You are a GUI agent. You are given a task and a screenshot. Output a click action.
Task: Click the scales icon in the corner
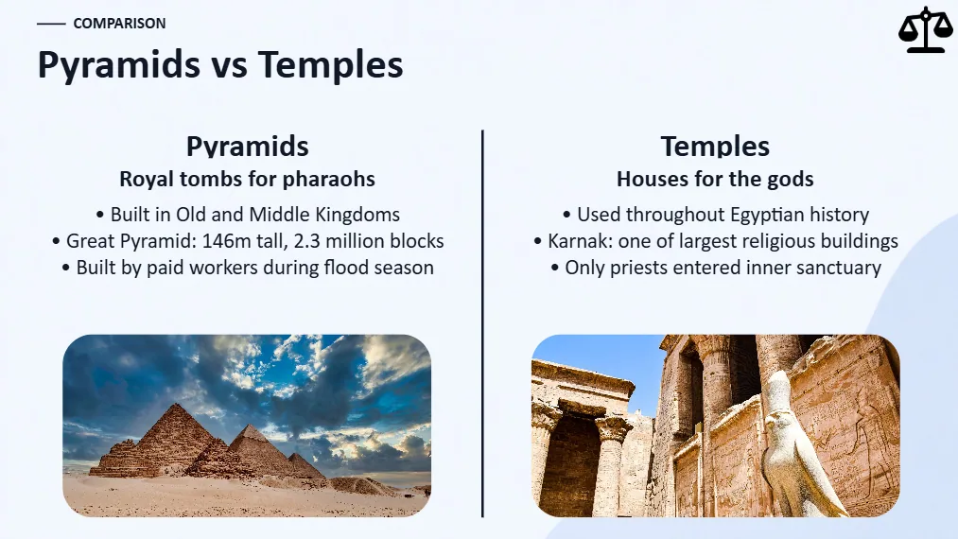pyautogui.click(x=926, y=29)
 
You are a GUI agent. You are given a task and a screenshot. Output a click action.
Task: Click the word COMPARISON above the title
pyautogui.click(x=120, y=24)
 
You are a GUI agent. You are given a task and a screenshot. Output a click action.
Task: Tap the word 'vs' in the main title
pyautogui.click(x=229, y=65)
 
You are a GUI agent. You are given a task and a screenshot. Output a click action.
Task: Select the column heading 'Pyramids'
pyautogui.click(x=248, y=146)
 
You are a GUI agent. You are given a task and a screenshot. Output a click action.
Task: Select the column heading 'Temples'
pyautogui.click(x=715, y=146)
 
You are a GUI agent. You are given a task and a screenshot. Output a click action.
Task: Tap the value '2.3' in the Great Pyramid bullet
pyautogui.click(x=306, y=241)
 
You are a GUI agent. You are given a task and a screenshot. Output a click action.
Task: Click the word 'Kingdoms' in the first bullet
pyautogui.click(x=358, y=215)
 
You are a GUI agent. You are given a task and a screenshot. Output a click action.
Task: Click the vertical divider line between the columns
pyautogui.click(x=482, y=323)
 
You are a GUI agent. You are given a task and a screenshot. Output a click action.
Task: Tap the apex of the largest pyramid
pyautogui.click(x=177, y=404)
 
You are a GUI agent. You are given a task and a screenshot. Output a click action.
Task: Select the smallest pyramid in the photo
pyautogui.click(x=305, y=465)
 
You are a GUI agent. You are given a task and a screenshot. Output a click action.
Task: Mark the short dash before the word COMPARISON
pyautogui.click(x=51, y=24)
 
